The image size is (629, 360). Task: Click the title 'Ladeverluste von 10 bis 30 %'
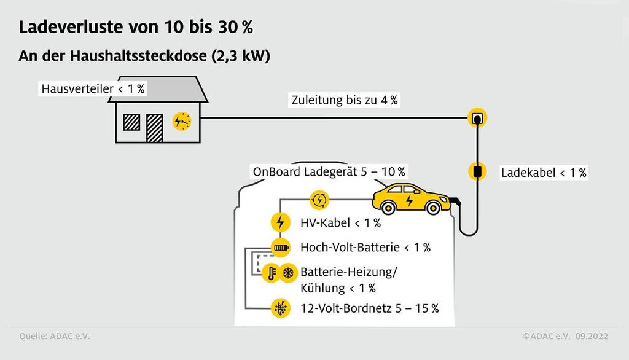coord(135,28)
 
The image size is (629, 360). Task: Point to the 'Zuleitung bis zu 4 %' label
coord(343,100)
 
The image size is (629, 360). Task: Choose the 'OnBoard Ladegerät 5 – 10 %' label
coord(329,171)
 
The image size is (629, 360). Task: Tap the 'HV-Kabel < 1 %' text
coord(340,222)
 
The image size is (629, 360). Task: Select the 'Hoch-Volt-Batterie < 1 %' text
coord(365,248)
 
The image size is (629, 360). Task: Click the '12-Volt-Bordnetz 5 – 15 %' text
coord(369,308)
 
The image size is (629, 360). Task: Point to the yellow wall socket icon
coord(477,117)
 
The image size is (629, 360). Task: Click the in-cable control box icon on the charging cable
coord(477,171)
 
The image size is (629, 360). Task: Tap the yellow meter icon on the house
coord(182,121)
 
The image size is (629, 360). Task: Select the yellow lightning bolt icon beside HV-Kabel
coord(281,222)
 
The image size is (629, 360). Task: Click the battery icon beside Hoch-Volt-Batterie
coord(281,248)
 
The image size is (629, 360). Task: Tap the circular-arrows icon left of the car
coord(319,199)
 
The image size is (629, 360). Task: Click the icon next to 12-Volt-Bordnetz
coord(281,307)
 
